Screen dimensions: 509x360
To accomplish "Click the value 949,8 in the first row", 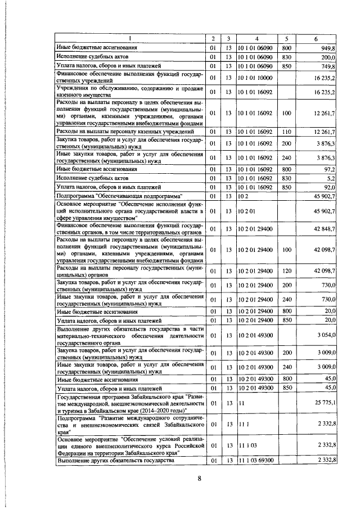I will pyautogui.click(x=326, y=48).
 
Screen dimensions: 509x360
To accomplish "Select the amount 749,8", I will pyautogui.click(x=326, y=66).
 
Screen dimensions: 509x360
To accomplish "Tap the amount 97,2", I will pyautogui.click(x=328, y=168).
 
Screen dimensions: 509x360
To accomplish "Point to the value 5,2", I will pyautogui.click(x=331, y=177).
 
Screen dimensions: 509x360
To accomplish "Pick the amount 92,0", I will pyautogui.click(x=328, y=186).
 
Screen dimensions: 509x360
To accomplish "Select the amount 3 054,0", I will pyautogui.click(x=325, y=335).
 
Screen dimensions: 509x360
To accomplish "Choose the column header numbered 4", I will pyautogui.click(x=256, y=38).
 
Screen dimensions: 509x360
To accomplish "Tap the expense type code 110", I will pyautogui.click(x=286, y=132).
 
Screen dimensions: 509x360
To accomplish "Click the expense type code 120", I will pyautogui.click(x=286, y=271).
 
